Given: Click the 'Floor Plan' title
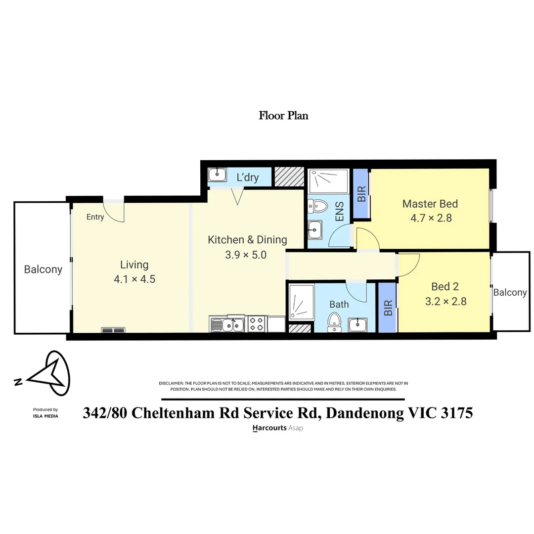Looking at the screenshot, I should [283, 116].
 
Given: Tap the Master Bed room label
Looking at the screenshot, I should [430, 204].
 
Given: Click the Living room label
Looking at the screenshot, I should [134, 265].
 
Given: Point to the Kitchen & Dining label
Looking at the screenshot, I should [247, 240].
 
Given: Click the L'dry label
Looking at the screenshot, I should [248, 178].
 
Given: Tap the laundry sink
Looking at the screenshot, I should [217, 175].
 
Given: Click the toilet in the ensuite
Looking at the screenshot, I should [318, 206].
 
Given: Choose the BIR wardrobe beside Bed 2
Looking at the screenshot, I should [388, 308].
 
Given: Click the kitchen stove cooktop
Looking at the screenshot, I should [257, 324].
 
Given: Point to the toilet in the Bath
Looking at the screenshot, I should [334, 321].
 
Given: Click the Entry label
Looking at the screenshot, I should [95, 217].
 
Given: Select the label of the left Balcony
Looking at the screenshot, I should [44, 269].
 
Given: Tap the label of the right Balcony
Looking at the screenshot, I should [510, 292].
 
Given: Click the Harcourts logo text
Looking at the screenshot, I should [269, 428].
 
